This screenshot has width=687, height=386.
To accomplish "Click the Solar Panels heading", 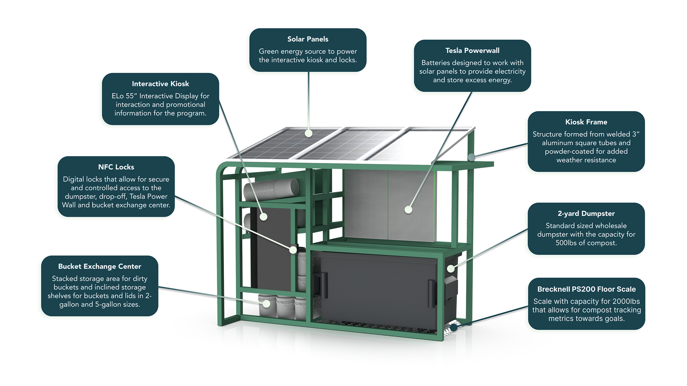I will (308, 39).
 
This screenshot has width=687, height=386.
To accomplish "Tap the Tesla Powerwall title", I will (472, 50).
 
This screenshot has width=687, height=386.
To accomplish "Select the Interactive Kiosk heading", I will (160, 84).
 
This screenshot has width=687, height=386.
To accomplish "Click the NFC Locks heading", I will (116, 167).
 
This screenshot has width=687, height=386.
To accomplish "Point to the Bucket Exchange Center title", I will (99, 266).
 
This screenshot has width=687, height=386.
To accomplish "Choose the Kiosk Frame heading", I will (586, 122).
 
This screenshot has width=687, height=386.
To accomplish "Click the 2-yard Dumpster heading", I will (586, 213).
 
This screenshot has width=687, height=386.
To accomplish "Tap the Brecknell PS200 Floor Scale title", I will (586, 289).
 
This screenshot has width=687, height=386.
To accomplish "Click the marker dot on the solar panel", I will (308, 133).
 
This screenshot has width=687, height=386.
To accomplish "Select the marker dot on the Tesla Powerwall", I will (408, 210).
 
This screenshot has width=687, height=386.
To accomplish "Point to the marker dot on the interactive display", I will (264, 216).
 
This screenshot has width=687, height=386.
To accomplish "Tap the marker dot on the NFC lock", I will (293, 250).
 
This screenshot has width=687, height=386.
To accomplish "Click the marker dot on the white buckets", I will (266, 304).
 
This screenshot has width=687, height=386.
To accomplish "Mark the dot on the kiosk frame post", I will (472, 157).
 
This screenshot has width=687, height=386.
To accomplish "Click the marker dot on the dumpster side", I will (451, 268).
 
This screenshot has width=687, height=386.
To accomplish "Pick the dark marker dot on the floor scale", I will (453, 327).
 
